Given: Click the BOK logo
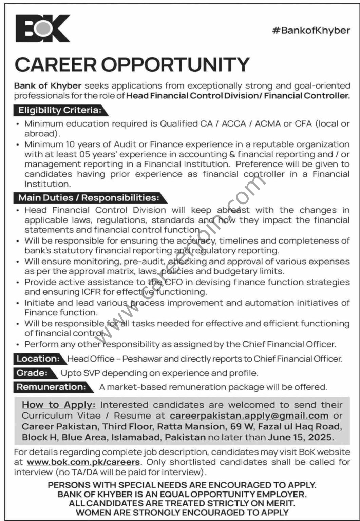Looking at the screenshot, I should pos(42,28).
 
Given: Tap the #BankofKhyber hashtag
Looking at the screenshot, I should pos(311,31).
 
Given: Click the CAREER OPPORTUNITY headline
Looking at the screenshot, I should pos(132,64).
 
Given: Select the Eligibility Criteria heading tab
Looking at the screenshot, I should pos(60,110).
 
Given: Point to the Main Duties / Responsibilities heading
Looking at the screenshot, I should pos(89,197).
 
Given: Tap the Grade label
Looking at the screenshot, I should pos(32,373).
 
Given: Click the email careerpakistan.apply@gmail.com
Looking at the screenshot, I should pos(249,416).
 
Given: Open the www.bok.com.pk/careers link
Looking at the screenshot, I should pos(83,462).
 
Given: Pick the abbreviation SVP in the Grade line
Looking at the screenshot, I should pos(91,373).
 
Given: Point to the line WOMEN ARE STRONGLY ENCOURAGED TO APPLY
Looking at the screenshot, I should pos(182,513).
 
